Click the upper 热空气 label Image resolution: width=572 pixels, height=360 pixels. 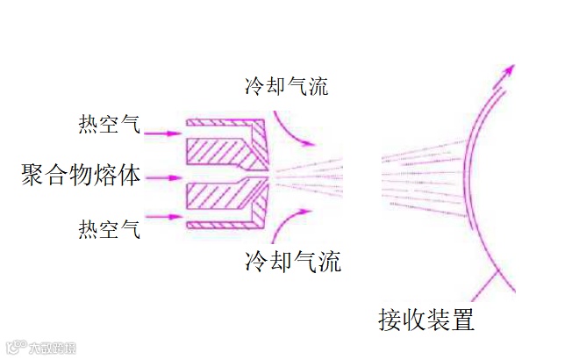[108, 125]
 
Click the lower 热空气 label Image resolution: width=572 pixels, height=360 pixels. [108, 229]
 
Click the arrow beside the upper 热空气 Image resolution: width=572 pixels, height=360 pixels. [163, 133]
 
